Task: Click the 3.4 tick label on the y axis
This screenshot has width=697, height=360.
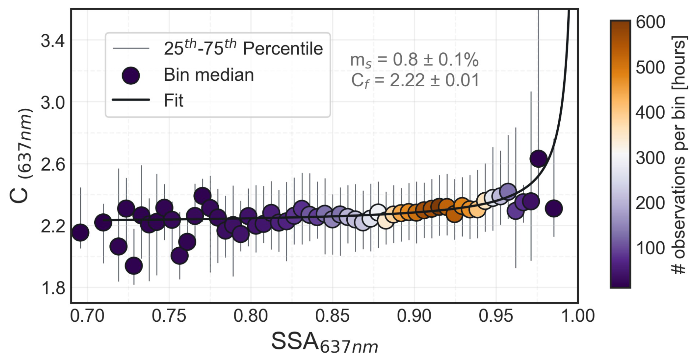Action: [x=52, y=41]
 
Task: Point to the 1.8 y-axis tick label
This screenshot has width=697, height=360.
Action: [x=52, y=288]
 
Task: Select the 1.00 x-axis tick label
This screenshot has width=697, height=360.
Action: [x=577, y=316]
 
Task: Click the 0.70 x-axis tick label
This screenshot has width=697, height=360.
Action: [x=87, y=316]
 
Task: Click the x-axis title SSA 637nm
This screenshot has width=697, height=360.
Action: [x=324, y=343]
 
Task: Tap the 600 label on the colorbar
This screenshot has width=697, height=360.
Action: [x=650, y=22]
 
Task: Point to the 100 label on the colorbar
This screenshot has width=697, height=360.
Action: [x=650, y=248]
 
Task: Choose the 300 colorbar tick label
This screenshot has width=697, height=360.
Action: [x=650, y=158]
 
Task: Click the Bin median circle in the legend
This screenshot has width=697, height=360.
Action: [x=131, y=75]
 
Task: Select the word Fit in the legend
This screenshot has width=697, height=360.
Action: [x=174, y=101]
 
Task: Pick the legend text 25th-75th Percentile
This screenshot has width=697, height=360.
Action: [x=243, y=48]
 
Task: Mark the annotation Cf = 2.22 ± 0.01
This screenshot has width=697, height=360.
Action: [x=415, y=80]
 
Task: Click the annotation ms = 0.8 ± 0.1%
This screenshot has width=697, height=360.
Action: [x=414, y=60]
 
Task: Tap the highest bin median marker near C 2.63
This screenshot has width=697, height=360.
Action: [x=538, y=158]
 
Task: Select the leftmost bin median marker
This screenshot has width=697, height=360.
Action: [x=80, y=232]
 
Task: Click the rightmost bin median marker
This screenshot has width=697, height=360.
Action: [x=553, y=209]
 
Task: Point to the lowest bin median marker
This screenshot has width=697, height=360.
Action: [x=134, y=266]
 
